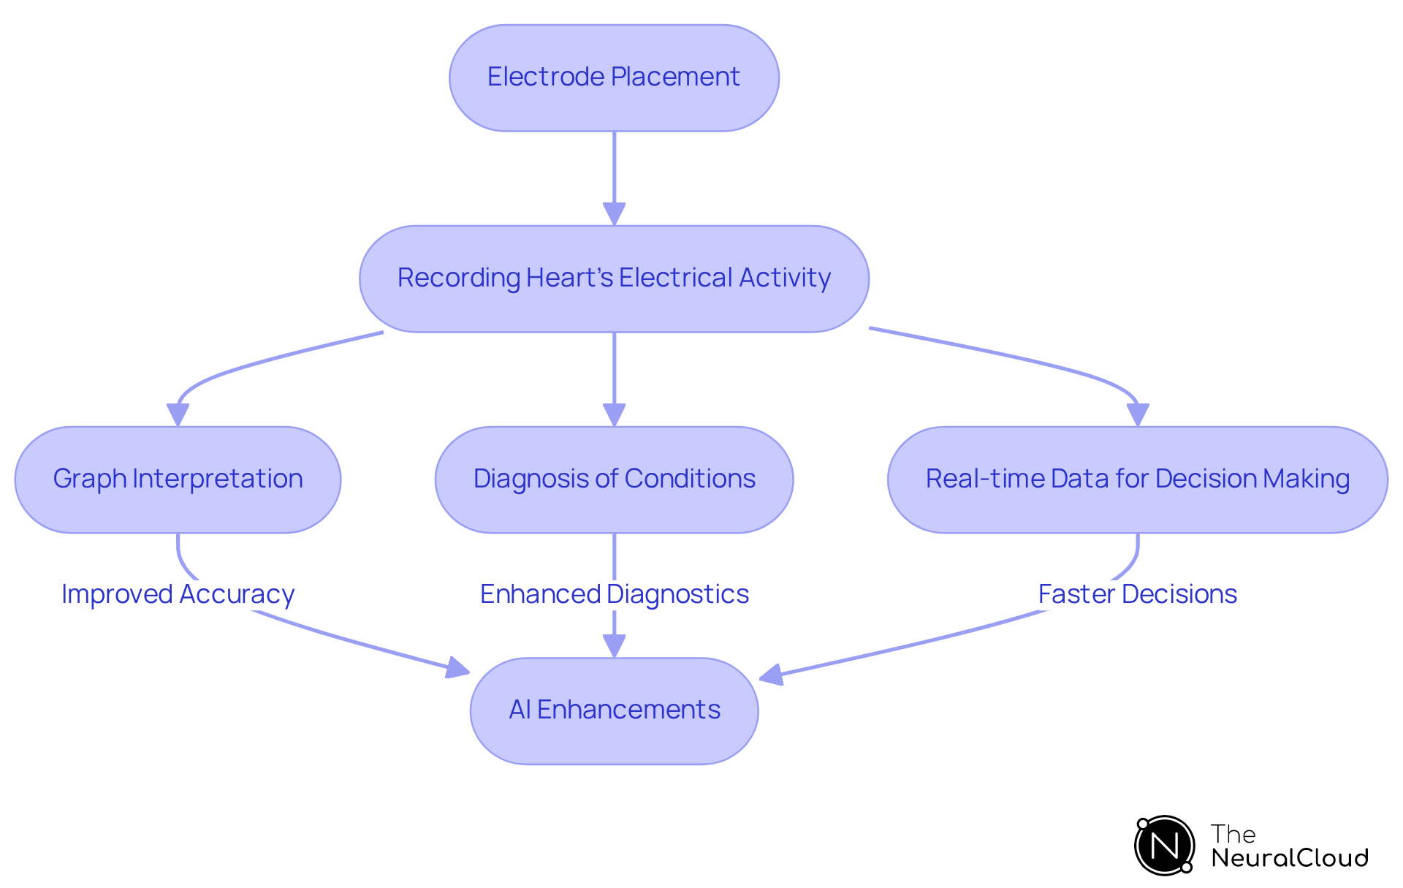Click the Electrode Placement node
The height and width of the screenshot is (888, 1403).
coord(614,77)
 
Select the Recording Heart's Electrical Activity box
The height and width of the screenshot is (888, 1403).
coord(614,278)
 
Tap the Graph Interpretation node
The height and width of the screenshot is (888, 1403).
coord(178,479)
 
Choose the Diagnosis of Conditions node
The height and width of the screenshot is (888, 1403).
coord(614,479)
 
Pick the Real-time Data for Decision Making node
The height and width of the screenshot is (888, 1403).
coord(1137,479)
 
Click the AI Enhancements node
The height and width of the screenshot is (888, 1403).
coord(614,710)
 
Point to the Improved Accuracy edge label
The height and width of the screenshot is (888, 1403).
coord(178,594)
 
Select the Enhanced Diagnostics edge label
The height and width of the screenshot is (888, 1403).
coord(614,594)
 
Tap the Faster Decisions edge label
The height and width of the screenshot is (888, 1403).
coord(1137,594)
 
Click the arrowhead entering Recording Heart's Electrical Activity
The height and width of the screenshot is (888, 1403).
coord(614,214)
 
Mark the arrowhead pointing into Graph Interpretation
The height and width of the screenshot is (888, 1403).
coord(178,415)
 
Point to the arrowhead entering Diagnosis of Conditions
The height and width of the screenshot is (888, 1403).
coord(614,415)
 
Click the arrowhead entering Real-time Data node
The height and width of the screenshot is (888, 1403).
coord(1137,415)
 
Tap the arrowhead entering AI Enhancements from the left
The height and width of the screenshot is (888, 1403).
coord(458,668)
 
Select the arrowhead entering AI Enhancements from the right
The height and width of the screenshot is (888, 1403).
coord(772,675)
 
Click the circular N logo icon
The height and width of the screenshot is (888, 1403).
coord(1164,846)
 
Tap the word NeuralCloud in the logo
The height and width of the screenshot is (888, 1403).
coord(1289,858)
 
